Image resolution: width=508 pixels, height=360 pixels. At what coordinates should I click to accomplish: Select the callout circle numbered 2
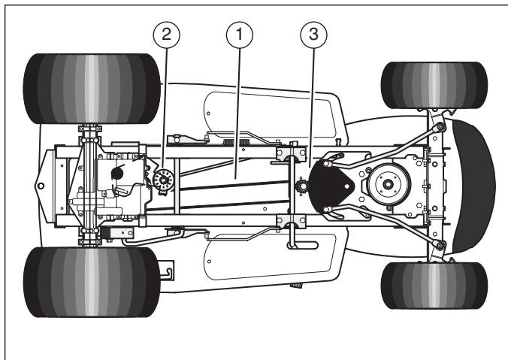point(167,35)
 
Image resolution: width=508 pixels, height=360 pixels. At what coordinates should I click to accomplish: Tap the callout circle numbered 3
point(313,35)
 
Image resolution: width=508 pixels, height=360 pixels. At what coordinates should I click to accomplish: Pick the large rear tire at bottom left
point(92,282)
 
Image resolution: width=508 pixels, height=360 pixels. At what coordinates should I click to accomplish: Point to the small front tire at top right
point(434,85)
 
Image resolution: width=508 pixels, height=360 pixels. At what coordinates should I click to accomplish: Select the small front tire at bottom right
point(434,286)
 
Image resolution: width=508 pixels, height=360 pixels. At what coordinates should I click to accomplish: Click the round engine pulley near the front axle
point(388,184)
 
